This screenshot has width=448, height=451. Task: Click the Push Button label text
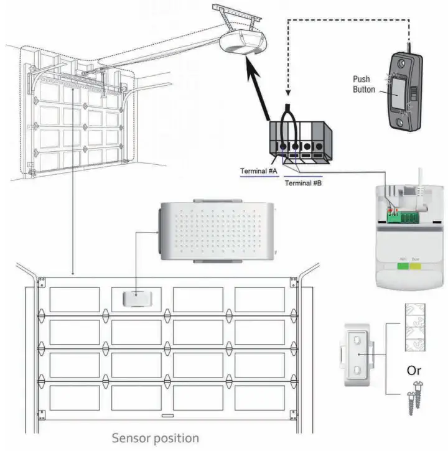(362, 84)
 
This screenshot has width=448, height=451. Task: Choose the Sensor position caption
(156, 438)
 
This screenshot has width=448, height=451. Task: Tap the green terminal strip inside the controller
(402, 216)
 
